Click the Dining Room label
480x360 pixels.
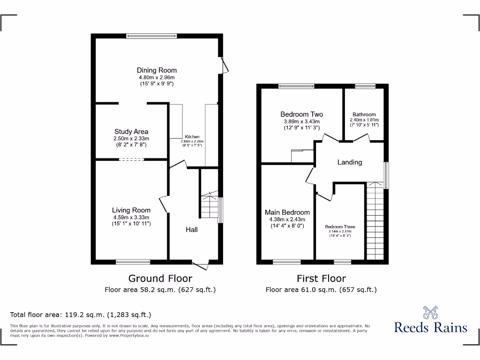157,70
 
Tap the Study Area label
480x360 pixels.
131,132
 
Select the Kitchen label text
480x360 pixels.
193,137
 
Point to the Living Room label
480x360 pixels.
131,210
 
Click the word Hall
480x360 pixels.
191,230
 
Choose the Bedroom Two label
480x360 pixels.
301,114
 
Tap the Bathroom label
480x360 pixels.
364,114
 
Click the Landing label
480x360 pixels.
350,162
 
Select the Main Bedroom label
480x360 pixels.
287,212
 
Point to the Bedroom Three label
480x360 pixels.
340,227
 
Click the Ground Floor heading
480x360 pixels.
160,278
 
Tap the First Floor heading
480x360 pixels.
321,278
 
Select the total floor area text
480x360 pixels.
81,315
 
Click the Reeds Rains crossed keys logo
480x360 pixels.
430,312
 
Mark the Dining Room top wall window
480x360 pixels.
151,35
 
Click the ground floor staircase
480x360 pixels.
210,204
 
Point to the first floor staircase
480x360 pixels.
375,220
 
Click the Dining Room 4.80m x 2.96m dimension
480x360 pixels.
157,77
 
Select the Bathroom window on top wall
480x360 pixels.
365,86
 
